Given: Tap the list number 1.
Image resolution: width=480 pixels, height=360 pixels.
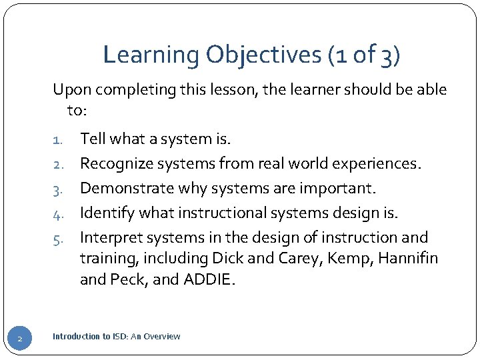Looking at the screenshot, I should [57, 140].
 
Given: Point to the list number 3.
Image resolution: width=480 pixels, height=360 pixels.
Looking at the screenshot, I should [57, 189].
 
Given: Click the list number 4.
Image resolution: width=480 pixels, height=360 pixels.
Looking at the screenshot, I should [57, 214].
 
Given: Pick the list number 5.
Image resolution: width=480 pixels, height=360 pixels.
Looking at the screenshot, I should [57, 239].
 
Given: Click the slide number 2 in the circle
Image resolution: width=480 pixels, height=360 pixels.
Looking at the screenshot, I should [20, 340].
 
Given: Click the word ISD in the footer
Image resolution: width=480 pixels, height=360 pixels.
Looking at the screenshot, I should [121, 337].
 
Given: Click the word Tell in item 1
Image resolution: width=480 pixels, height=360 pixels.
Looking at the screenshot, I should [92, 139].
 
